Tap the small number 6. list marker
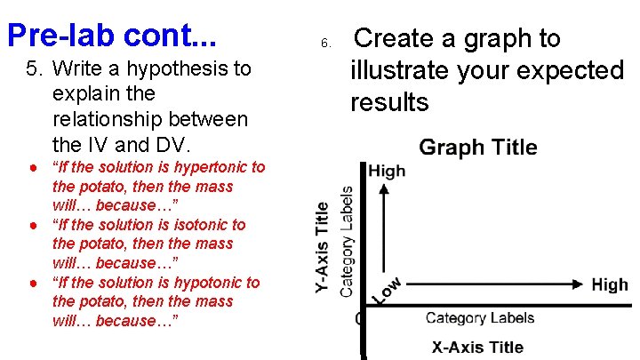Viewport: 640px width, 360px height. tap(325, 43)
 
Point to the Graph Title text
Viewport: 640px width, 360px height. tap(477, 148)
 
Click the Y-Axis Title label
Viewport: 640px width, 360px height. tap(324, 247)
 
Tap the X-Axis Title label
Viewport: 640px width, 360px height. tap(477, 347)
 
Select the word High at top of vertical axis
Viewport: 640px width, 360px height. tap(387, 171)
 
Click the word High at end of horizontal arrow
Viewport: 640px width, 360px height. tap(610, 284)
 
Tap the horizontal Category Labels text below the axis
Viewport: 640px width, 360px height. tap(479, 317)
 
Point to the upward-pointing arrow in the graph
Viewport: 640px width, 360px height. tap(383, 222)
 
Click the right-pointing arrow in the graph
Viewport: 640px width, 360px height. tap(498, 284)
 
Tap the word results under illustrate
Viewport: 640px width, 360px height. tap(389, 102)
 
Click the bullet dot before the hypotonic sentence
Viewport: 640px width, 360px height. tap(32, 283)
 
